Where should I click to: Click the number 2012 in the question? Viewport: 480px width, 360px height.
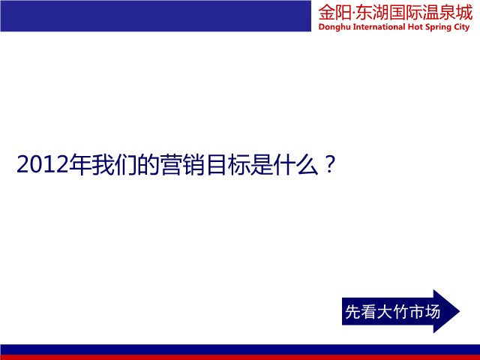click(x=42, y=165)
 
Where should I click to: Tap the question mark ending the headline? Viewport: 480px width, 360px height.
click(x=329, y=165)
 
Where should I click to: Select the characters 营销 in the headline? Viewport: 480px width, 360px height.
click(x=183, y=165)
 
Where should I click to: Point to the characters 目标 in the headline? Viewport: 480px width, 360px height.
click(x=228, y=165)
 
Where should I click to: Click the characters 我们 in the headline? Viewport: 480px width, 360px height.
click(x=115, y=165)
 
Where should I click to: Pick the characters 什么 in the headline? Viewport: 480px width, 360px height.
click(x=296, y=165)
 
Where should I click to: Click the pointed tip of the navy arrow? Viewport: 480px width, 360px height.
click(x=460, y=311)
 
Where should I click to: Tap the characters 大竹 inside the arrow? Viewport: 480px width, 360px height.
click(x=392, y=312)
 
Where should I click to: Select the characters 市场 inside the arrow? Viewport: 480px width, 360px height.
click(x=424, y=312)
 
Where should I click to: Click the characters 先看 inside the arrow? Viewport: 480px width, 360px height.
click(x=361, y=312)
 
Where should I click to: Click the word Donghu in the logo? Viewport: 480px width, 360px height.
click(x=334, y=27)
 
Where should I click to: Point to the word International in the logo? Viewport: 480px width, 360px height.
click(x=379, y=27)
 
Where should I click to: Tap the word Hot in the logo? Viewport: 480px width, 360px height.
click(x=415, y=27)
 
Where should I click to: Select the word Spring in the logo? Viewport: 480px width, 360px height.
click(x=438, y=28)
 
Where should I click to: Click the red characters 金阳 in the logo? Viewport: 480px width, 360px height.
click(x=334, y=13)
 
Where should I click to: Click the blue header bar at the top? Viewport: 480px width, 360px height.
click(x=155, y=16)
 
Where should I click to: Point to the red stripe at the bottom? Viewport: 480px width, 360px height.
click(x=240, y=357)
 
